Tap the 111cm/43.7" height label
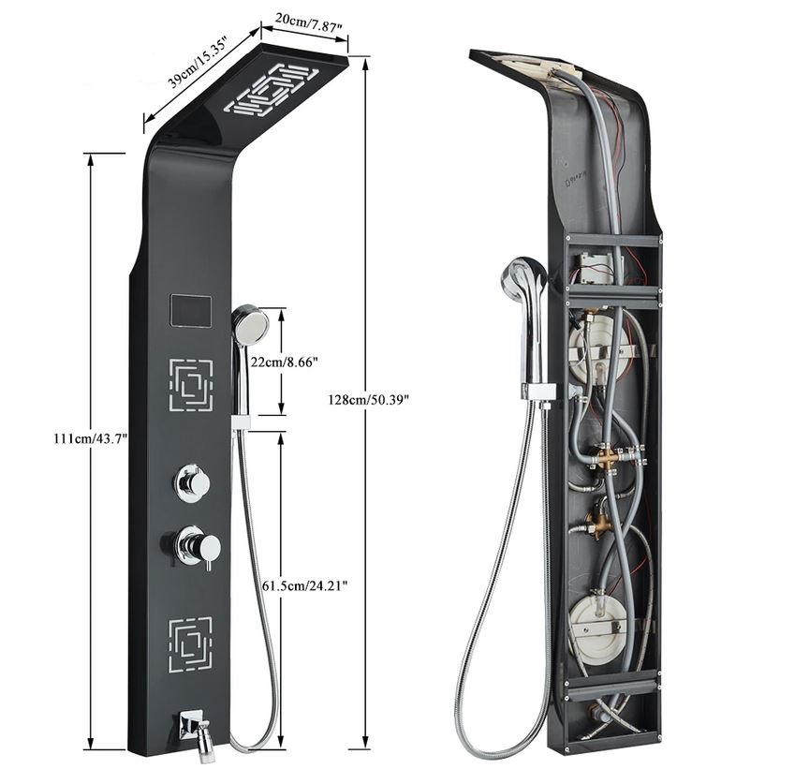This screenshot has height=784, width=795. click(x=91, y=438)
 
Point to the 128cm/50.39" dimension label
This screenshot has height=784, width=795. click(x=369, y=400)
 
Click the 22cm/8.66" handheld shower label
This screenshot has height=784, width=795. click(x=285, y=362)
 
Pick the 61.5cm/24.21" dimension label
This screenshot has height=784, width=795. click(x=304, y=585)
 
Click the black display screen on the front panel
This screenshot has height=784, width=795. click(x=191, y=311)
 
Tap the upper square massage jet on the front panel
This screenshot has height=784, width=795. click(x=191, y=385)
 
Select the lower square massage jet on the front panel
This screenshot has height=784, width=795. click(x=190, y=643)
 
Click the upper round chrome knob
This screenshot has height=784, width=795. click(x=193, y=481)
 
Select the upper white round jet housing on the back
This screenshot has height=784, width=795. click(x=594, y=351)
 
